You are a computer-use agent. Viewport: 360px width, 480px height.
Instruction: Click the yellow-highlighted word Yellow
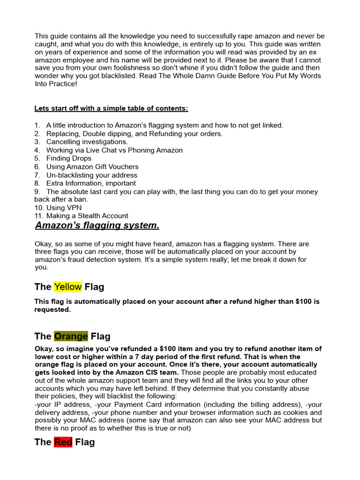click(68, 287)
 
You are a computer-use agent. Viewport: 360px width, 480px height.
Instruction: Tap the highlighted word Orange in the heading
click(71, 336)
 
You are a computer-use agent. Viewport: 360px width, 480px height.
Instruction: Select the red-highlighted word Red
click(63, 442)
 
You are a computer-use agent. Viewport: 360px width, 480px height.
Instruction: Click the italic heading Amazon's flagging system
click(97, 225)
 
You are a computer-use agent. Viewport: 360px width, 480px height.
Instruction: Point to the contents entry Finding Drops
click(69, 158)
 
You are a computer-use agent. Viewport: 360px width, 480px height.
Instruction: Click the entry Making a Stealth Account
click(87, 216)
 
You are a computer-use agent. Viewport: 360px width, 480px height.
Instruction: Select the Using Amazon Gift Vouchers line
click(92, 167)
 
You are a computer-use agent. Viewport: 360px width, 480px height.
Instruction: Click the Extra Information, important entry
click(91, 183)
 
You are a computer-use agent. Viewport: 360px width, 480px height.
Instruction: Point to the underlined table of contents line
click(111, 109)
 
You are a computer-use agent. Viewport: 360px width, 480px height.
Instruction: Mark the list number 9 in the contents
click(37, 192)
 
